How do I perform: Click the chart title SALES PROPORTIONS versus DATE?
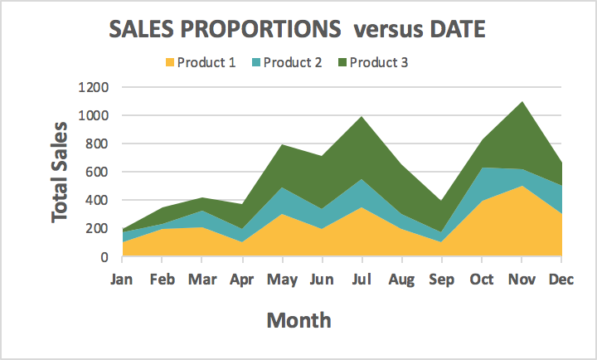(x=298, y=29)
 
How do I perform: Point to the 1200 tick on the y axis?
(x=92, y=87)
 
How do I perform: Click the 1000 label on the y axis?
(x=92, y=115)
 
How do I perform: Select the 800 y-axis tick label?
(x=96, y=144)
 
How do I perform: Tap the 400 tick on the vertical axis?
(x=96, y=200)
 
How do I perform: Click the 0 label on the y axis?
(x=104, y=257)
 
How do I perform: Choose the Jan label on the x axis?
(x=123, y=280)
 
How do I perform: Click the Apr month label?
(x=241, y=280)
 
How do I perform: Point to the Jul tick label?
(x=362, y=280)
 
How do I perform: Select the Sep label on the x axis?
(x=442, y=280)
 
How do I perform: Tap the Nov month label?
(x=522, y=280)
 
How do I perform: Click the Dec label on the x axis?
(x=561, y=280)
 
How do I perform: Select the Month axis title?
(x=298, y=320)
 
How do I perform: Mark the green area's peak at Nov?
(x=522, y=103)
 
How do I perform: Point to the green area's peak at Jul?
(x=362, y=117)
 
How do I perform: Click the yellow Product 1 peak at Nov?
(x=522, y=187)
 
